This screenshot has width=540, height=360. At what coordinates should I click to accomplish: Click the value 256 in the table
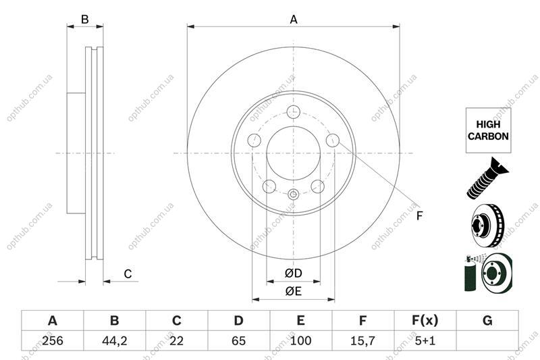[x=53, y=340]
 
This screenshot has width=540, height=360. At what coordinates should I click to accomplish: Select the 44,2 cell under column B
[x=115, y=340]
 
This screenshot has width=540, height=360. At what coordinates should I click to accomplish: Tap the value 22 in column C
[x=176, y=340]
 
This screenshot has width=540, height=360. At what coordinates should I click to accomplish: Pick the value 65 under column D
[x=239, y=340]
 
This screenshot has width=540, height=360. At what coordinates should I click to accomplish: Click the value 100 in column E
[x=300, y=340]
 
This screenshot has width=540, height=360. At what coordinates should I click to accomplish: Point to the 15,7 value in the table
[x=362, y=340]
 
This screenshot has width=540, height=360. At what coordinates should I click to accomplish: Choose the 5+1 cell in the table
[x=425, y=340]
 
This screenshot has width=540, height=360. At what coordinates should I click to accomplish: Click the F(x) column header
[x=425, y=321]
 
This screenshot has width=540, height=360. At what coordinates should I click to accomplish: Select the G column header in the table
[x=487, y=321]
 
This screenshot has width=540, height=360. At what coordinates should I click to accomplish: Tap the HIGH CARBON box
[x=488, y=130]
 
